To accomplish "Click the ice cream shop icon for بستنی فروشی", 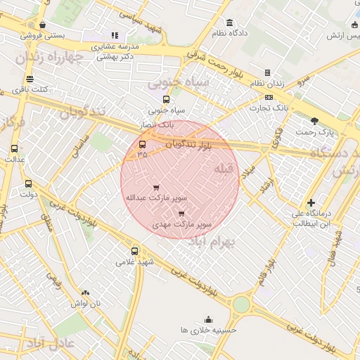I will coord(43,25).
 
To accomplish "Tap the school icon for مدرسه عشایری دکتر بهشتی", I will coord(115,35).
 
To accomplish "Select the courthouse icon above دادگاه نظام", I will coord(230,22).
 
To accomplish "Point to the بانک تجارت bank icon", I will coord(269,97).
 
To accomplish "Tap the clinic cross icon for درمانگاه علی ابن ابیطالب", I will coord(311,184).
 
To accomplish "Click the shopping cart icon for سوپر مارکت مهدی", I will coord(182,213).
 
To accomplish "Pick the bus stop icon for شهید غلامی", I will coord(135,250).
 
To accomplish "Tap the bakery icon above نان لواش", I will coord(85,292).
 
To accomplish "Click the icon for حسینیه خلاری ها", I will coord(208,319).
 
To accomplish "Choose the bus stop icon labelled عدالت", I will coord(15,148).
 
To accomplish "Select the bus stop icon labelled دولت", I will coord(28,184).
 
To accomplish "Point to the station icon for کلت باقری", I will coord(29,79).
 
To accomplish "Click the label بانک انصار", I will coord(157,124).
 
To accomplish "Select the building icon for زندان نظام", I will coord(267,72).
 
